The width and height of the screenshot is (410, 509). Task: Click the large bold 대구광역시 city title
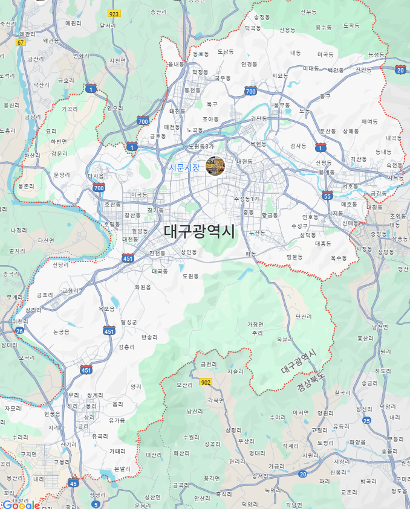(x=199, y=231)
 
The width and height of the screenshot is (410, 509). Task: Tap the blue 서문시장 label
(x=184, y=167)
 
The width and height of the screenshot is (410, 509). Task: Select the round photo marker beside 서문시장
(x=215, y=165)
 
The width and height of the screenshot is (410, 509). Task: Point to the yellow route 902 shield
(x=206, y=382)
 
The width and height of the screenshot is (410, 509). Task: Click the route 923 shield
(x=114, y=13)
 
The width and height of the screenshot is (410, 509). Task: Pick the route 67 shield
(x=21, y=42)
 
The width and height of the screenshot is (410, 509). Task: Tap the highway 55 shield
(x=327, y=196)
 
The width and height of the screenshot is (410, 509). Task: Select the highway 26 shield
(x=19, y=330)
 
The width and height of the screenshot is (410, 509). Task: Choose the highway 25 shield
(x=366, y=420)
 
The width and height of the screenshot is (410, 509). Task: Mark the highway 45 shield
(x=73, y=483)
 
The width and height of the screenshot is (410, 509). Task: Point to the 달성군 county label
(x=129, y=322)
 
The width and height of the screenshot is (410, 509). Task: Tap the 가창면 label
(x=255, y=324)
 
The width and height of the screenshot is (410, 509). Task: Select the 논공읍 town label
(x=61, y=331)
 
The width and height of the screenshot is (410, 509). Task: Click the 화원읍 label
(x=143, y=287)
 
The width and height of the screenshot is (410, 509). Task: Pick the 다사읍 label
(x=96, y=176)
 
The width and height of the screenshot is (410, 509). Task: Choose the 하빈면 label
(x=59, y=141)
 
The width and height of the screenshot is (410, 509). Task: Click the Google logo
(x=21, y=504)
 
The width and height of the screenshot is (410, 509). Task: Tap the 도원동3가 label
(x=201, y=147)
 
